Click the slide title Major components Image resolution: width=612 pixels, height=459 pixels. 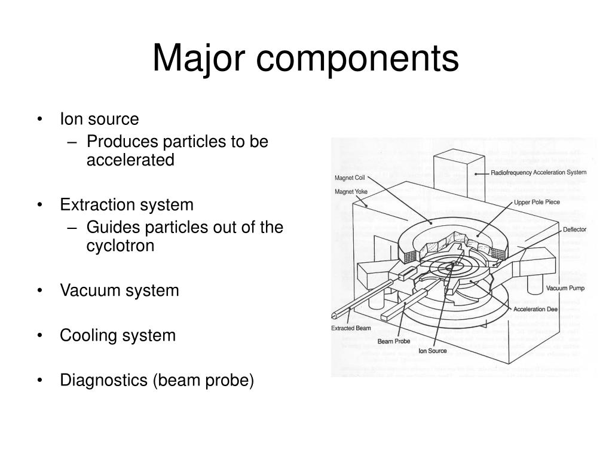click(x=305, y=59)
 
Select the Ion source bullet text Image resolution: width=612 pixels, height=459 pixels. click(x=99, y=120)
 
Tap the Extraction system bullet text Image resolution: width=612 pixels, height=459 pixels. click(x=127, y=205)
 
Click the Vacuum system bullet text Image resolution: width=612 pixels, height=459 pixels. click(x=120, y=291)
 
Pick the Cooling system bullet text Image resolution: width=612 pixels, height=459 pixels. click(x=118, y=335)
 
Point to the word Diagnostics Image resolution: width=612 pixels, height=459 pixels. click(x=105, y=380)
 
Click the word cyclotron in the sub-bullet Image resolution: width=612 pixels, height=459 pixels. click(x=120, y=246)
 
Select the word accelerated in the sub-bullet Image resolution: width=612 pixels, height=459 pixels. click(x=130, y=160)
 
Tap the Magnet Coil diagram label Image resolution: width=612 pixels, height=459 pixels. click(x=350, y=178)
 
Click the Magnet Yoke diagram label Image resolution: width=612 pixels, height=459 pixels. click(x=351, y=192)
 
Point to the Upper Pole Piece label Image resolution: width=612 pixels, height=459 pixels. click(x=537, y=203)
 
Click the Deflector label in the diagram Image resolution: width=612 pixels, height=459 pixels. click(x=574, y=229)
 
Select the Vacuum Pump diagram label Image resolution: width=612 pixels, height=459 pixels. click(x=565, y=288)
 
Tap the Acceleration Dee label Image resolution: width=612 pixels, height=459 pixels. click(x=536, y=310)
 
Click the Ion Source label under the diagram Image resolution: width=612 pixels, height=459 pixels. click(x=432, y=351)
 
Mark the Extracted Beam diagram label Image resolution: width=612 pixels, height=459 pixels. click(x=351, y=328)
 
